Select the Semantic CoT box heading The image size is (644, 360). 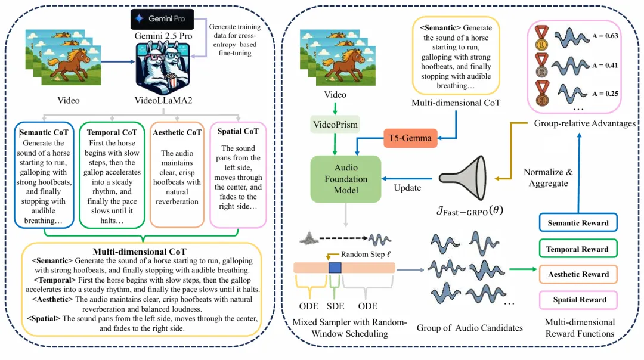click(46, 132)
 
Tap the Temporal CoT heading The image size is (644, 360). click(112, 132)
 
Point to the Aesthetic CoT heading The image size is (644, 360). click(177, 132)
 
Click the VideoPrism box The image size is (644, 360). click(335, 125)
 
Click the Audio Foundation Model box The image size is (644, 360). click(346, 178)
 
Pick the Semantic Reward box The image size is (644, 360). click(578, 223)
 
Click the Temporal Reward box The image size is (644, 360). click(578, 249)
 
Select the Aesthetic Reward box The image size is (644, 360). click(578, 274)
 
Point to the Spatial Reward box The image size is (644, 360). click(578, 300)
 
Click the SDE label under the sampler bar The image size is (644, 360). click(336, 306)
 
